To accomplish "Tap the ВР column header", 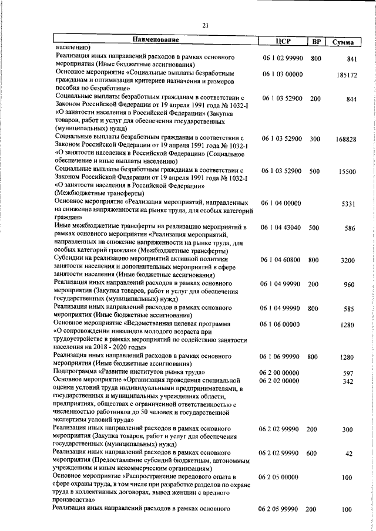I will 316,42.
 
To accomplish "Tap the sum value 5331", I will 349,204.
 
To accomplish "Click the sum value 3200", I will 348,260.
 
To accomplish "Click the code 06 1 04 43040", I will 281,228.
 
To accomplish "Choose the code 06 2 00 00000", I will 281,373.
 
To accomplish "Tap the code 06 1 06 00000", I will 281,324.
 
